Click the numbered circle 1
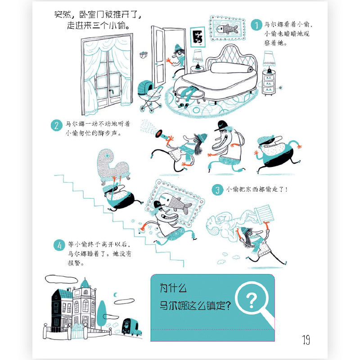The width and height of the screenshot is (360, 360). (256, 25)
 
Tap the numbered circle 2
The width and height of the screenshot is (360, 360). (56, 126)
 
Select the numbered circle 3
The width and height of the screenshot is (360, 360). (217, 190)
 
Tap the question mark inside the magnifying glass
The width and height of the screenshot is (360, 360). (252, 300)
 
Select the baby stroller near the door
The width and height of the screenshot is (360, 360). (149, 94)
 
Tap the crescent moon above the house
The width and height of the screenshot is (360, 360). (117, 295)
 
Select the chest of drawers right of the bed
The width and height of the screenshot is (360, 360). (269, 84)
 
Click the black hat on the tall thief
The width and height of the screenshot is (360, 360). (223, 124)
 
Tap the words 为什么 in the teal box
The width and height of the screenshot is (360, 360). (173, 287)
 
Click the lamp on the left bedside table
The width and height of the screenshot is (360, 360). (197, 58)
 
